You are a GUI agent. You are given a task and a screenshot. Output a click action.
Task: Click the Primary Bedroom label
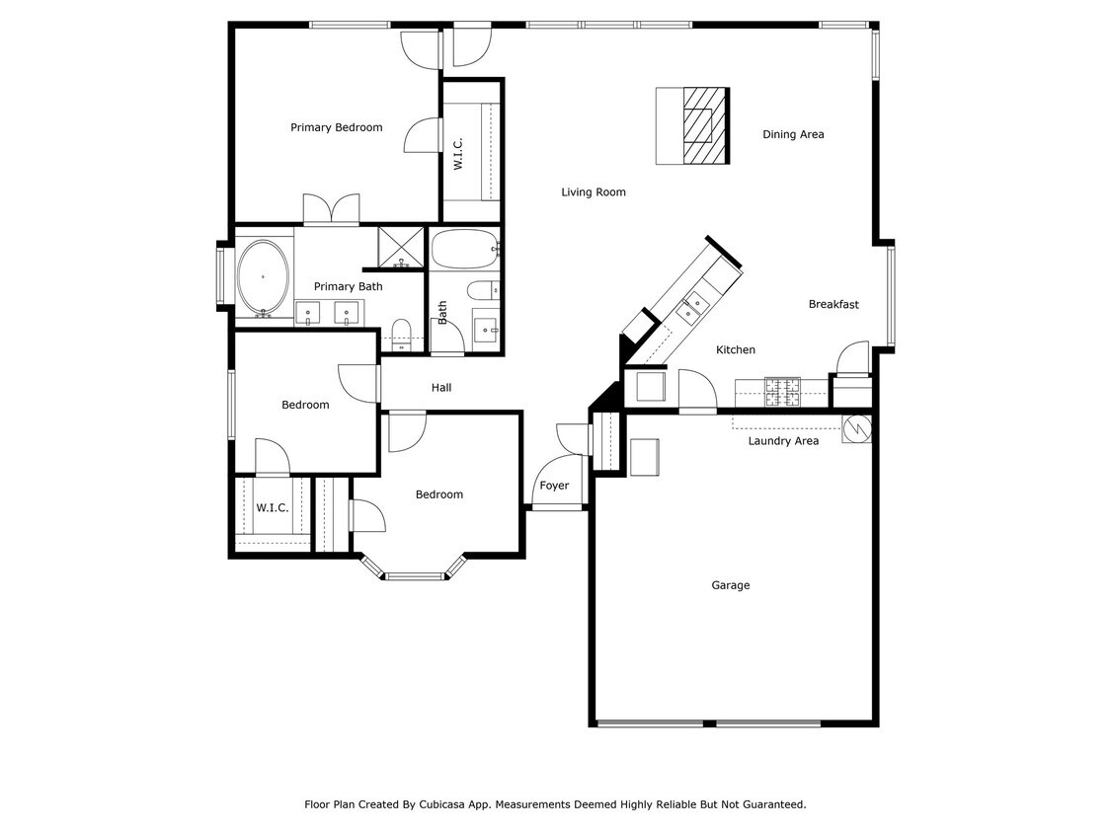[x=336, y=127]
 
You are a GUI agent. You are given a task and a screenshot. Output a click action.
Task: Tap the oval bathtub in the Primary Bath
[x=264, y=277]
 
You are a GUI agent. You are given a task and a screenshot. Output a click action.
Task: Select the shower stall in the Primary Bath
[x=401, y=248]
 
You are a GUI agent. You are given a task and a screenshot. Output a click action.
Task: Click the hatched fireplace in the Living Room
[x=704, y=125]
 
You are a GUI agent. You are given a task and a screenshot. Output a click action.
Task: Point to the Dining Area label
[x=793, y=134]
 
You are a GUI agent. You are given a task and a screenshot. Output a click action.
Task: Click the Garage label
[x=731, y=585]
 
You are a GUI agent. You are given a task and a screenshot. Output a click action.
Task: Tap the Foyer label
[x=554, y=486]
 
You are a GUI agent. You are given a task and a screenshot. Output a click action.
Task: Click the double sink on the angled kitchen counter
[x=691, y=307]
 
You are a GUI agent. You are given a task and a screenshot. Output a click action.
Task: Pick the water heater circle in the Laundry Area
[x=856, y=428]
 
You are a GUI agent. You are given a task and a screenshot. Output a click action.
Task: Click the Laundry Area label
[x=783, y=441]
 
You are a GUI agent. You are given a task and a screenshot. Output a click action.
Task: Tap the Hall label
[x=441, y=388]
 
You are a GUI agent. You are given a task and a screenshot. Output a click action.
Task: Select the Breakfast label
[x=833, y=304]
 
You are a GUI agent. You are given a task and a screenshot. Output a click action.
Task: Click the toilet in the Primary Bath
[x=401, y=330]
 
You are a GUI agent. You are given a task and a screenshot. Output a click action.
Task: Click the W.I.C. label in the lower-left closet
[x=273, y=508]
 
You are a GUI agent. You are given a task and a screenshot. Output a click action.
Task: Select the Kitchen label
[x=736, y=349]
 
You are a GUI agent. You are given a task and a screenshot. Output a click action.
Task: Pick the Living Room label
[x=594, y=192]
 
